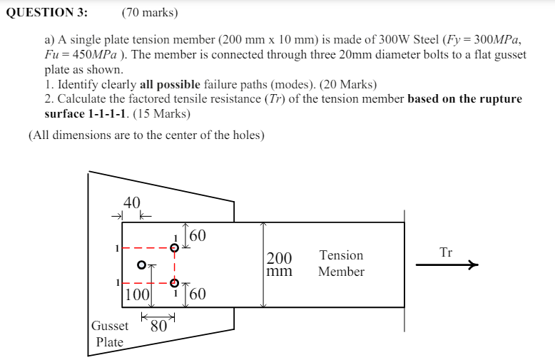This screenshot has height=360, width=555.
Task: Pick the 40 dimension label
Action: click(x=132, y=202)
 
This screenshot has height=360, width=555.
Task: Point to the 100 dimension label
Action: click(x=137, y=294)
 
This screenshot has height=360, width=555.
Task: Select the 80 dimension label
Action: click(x=158, y=327)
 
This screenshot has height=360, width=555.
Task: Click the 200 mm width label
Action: click(x=279, y=264)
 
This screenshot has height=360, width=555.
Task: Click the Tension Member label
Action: click(x=341, y=263)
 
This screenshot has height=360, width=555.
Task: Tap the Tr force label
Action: click(x=446, y=252)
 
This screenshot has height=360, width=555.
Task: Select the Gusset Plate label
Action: click(x=110, y=334)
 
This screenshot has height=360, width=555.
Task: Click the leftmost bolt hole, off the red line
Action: click(x=141, y=265)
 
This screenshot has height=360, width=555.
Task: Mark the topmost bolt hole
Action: click(x=174, y=247)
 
